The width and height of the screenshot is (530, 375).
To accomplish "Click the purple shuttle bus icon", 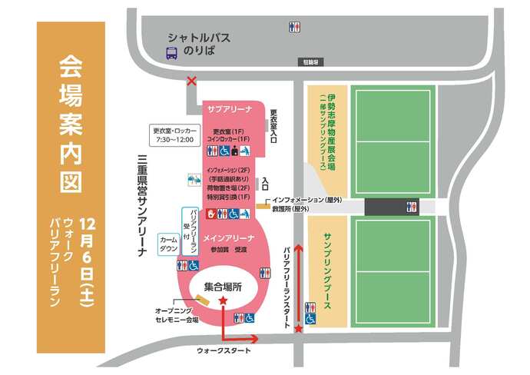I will coord(172,53).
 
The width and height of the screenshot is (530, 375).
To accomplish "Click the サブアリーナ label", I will coord(230,109).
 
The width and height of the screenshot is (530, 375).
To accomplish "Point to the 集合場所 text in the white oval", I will coord(222,287).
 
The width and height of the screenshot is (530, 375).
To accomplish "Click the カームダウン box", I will coord(167,243).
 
